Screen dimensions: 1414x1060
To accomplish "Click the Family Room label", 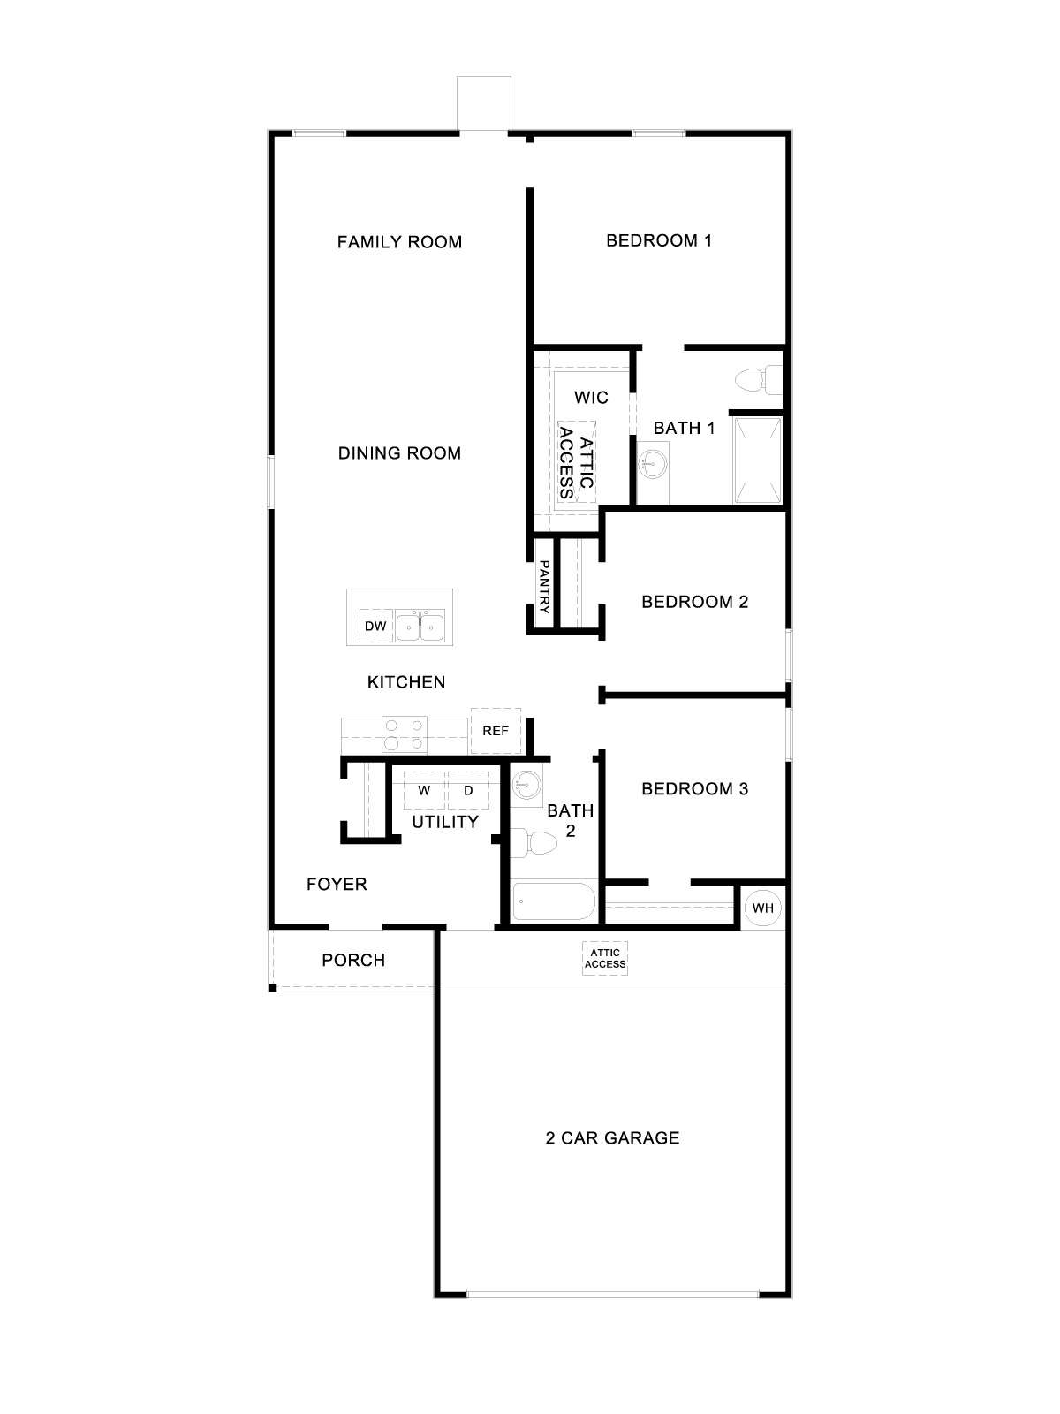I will point(399,242).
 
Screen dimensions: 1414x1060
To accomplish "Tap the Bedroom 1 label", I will point(659,240).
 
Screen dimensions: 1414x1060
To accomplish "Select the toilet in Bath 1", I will point(757,380).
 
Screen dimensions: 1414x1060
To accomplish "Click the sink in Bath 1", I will point(654,462).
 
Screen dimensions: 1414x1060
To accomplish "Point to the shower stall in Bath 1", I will point(757,460).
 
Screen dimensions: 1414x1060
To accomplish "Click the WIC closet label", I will point(591,398).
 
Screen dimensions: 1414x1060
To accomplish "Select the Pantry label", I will point(544,588).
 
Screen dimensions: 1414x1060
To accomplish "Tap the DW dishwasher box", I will point(375,627).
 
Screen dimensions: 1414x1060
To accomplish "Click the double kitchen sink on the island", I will point(420,627).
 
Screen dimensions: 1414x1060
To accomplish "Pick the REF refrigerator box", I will point(496,731).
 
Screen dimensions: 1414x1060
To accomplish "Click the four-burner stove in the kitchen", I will point(405,734).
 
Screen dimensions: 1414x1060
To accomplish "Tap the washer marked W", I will point(424,790).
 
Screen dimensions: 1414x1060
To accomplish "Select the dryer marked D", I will point(468,790).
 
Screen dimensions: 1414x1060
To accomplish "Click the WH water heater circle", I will point(762,908).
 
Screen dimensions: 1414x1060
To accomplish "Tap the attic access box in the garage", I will point(605,959).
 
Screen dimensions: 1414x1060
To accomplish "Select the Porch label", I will point(353,961).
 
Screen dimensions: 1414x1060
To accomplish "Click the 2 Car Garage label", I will point(612,1138).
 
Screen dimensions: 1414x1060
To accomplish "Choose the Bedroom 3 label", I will point(694,789).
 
